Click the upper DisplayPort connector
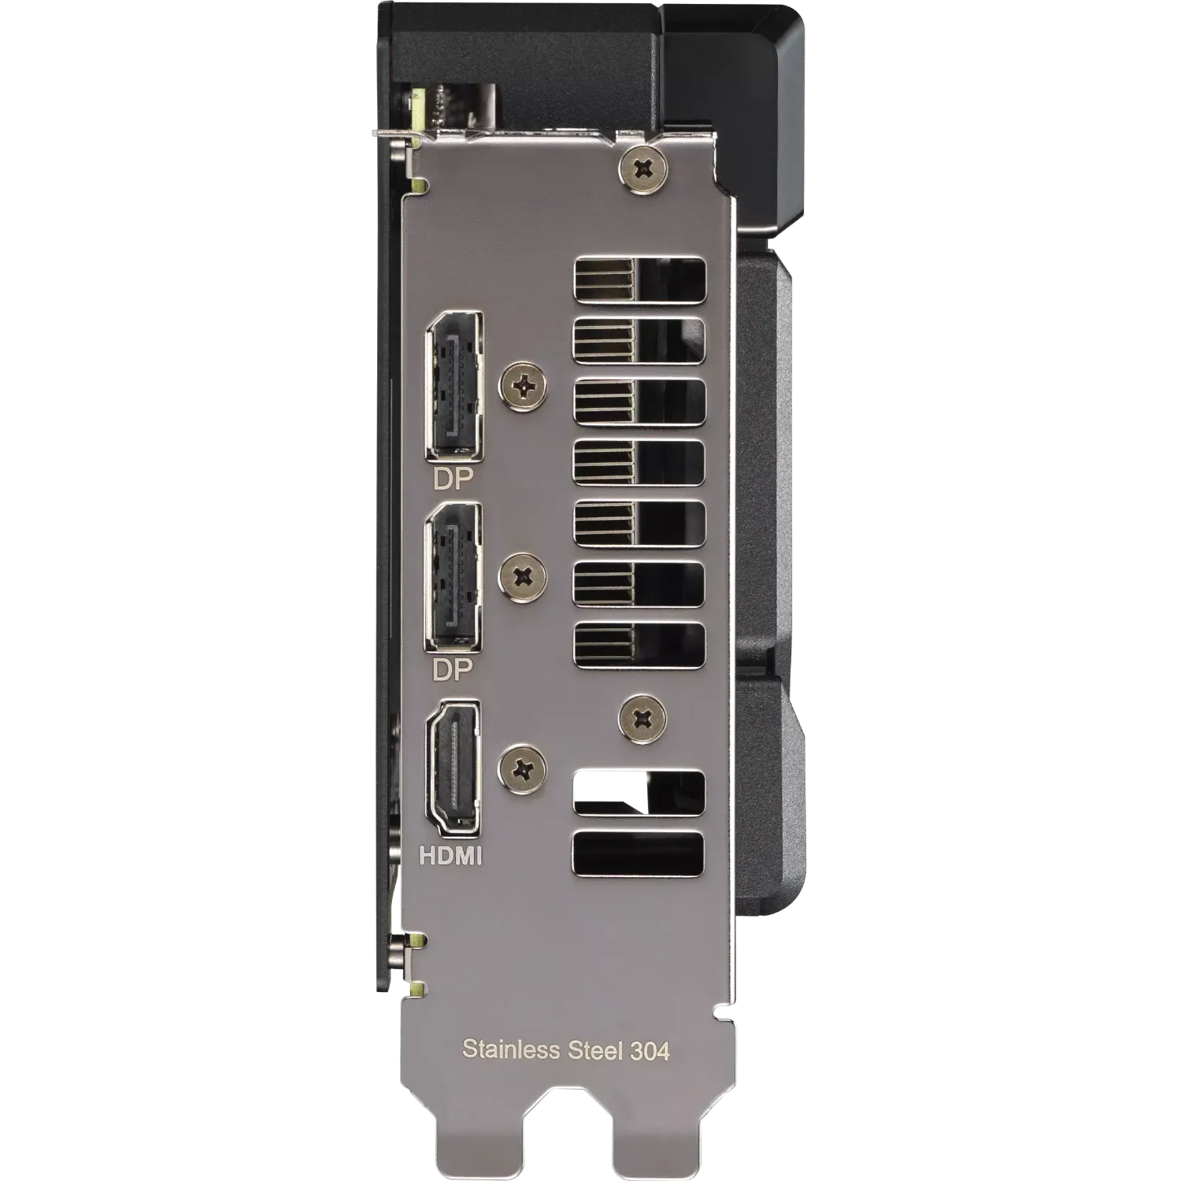click(454, 386)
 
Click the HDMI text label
click(450, 856)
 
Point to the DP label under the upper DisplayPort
click(453, 479)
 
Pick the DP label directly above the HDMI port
click(452, 670)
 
